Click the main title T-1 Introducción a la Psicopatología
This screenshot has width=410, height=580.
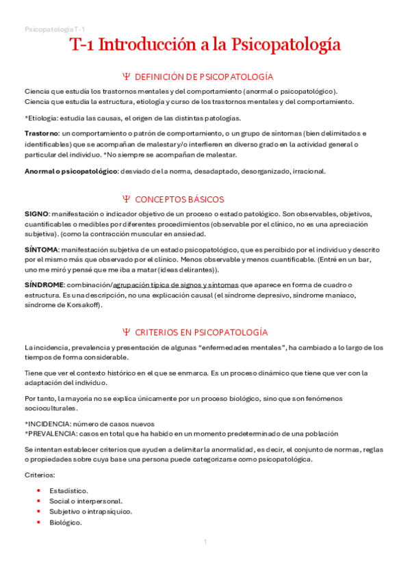click(x=205, y=45)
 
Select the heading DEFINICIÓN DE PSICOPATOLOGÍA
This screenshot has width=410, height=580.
click(x=204, y=77)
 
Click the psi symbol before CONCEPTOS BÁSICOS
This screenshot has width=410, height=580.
click(x=126, y=199)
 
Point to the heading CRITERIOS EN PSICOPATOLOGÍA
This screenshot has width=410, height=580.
click(x=201, y=332)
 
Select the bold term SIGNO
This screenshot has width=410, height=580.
click(x=36, y=214)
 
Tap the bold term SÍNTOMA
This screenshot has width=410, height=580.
click(x=41, y=250)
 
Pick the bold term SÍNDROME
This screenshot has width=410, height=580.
click(x=44, y=285)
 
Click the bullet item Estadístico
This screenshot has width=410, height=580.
click(x=68, y=490)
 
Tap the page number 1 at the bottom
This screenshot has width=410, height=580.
click(x=205, y=542)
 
